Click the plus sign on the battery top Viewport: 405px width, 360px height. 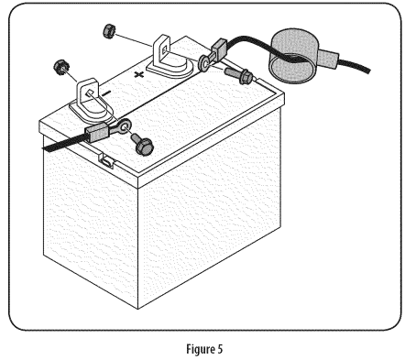[x=139, y=74]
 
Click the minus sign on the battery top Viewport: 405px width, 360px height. [x=105, y=93]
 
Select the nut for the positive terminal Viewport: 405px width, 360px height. [x=108, y=31]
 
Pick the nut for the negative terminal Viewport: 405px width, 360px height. [x=61, y=67]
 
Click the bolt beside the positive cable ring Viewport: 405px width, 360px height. [x=239, y=75]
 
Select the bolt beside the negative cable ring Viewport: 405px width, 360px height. [x=142, y=145]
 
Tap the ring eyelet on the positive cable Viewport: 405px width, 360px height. [x=204, y=62]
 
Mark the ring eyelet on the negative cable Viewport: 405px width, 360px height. [x=124, y=126]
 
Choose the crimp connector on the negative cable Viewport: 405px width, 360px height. [x=96, y=131]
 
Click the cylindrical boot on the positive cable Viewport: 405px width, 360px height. [x=292, y=56]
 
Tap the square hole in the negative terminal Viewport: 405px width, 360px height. [x=89, y=93]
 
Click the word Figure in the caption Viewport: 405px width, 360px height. [x=200, y=349]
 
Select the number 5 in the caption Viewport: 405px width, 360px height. [x=220, y=348]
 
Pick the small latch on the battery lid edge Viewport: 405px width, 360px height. [x=106, y=160]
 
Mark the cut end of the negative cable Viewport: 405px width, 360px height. [x=45, y=147]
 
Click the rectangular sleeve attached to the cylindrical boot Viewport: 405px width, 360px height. [x=327, y=59]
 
